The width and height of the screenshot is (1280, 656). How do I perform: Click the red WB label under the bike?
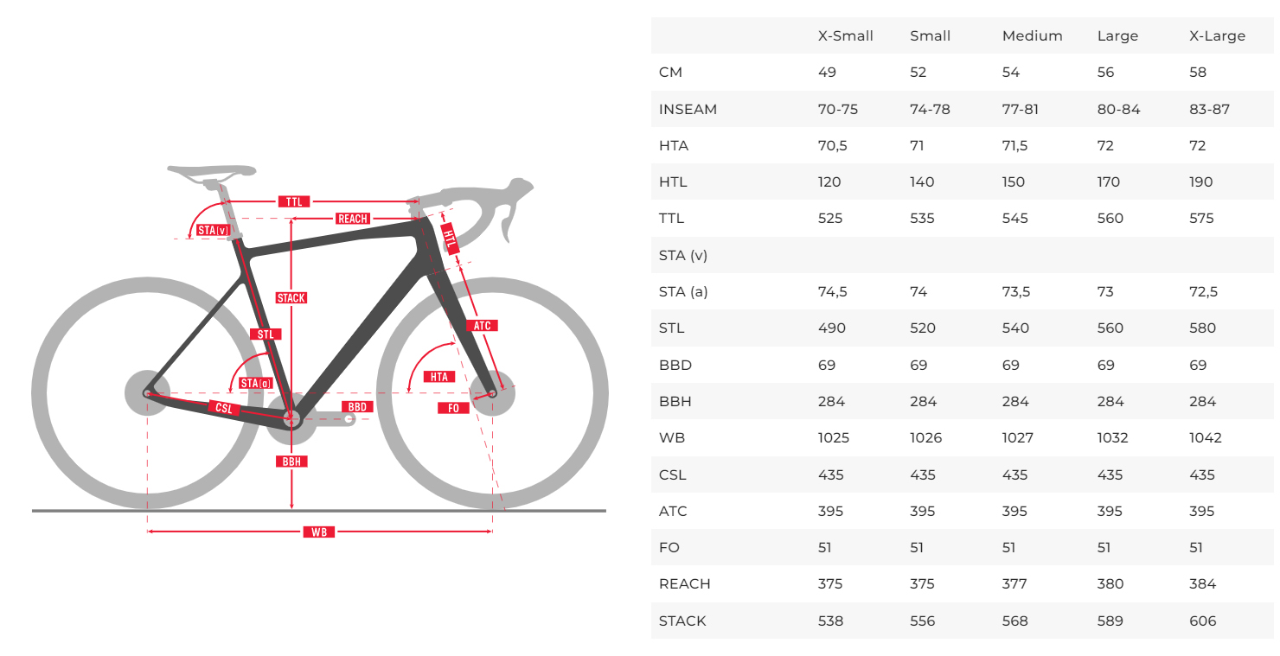[x=319, y=532]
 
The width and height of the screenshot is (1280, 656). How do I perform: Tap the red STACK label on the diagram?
[x=291, y=298]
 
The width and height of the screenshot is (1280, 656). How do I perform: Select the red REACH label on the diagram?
[x=353, y=220]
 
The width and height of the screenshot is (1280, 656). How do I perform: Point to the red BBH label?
[x=292, y=462]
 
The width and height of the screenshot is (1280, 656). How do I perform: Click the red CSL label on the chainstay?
[x=224, y=408]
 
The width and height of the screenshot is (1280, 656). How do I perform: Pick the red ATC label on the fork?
[x=483, y=326]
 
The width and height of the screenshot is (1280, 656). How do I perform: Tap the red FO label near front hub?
[x=453, y=408]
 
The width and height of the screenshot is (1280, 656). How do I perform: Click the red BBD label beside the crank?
[x=357, y=406]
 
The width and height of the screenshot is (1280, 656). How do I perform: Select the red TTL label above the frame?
[x=293, y=202]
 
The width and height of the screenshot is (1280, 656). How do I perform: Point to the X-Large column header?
[x=1217, y=36]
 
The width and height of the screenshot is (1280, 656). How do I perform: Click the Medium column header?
[x=1032, y=36]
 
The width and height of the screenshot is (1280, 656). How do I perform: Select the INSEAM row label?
[x=688, y=110]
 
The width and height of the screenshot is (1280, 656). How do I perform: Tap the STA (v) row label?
[x=683, y=256]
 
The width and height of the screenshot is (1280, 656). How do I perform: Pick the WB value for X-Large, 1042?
[x=1205, y=438]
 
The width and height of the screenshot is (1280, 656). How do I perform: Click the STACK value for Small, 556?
[x=922, y=621]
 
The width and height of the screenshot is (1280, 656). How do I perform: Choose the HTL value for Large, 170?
[x=1108, y=182]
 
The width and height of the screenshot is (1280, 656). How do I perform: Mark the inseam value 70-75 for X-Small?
[x=837, y=110]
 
